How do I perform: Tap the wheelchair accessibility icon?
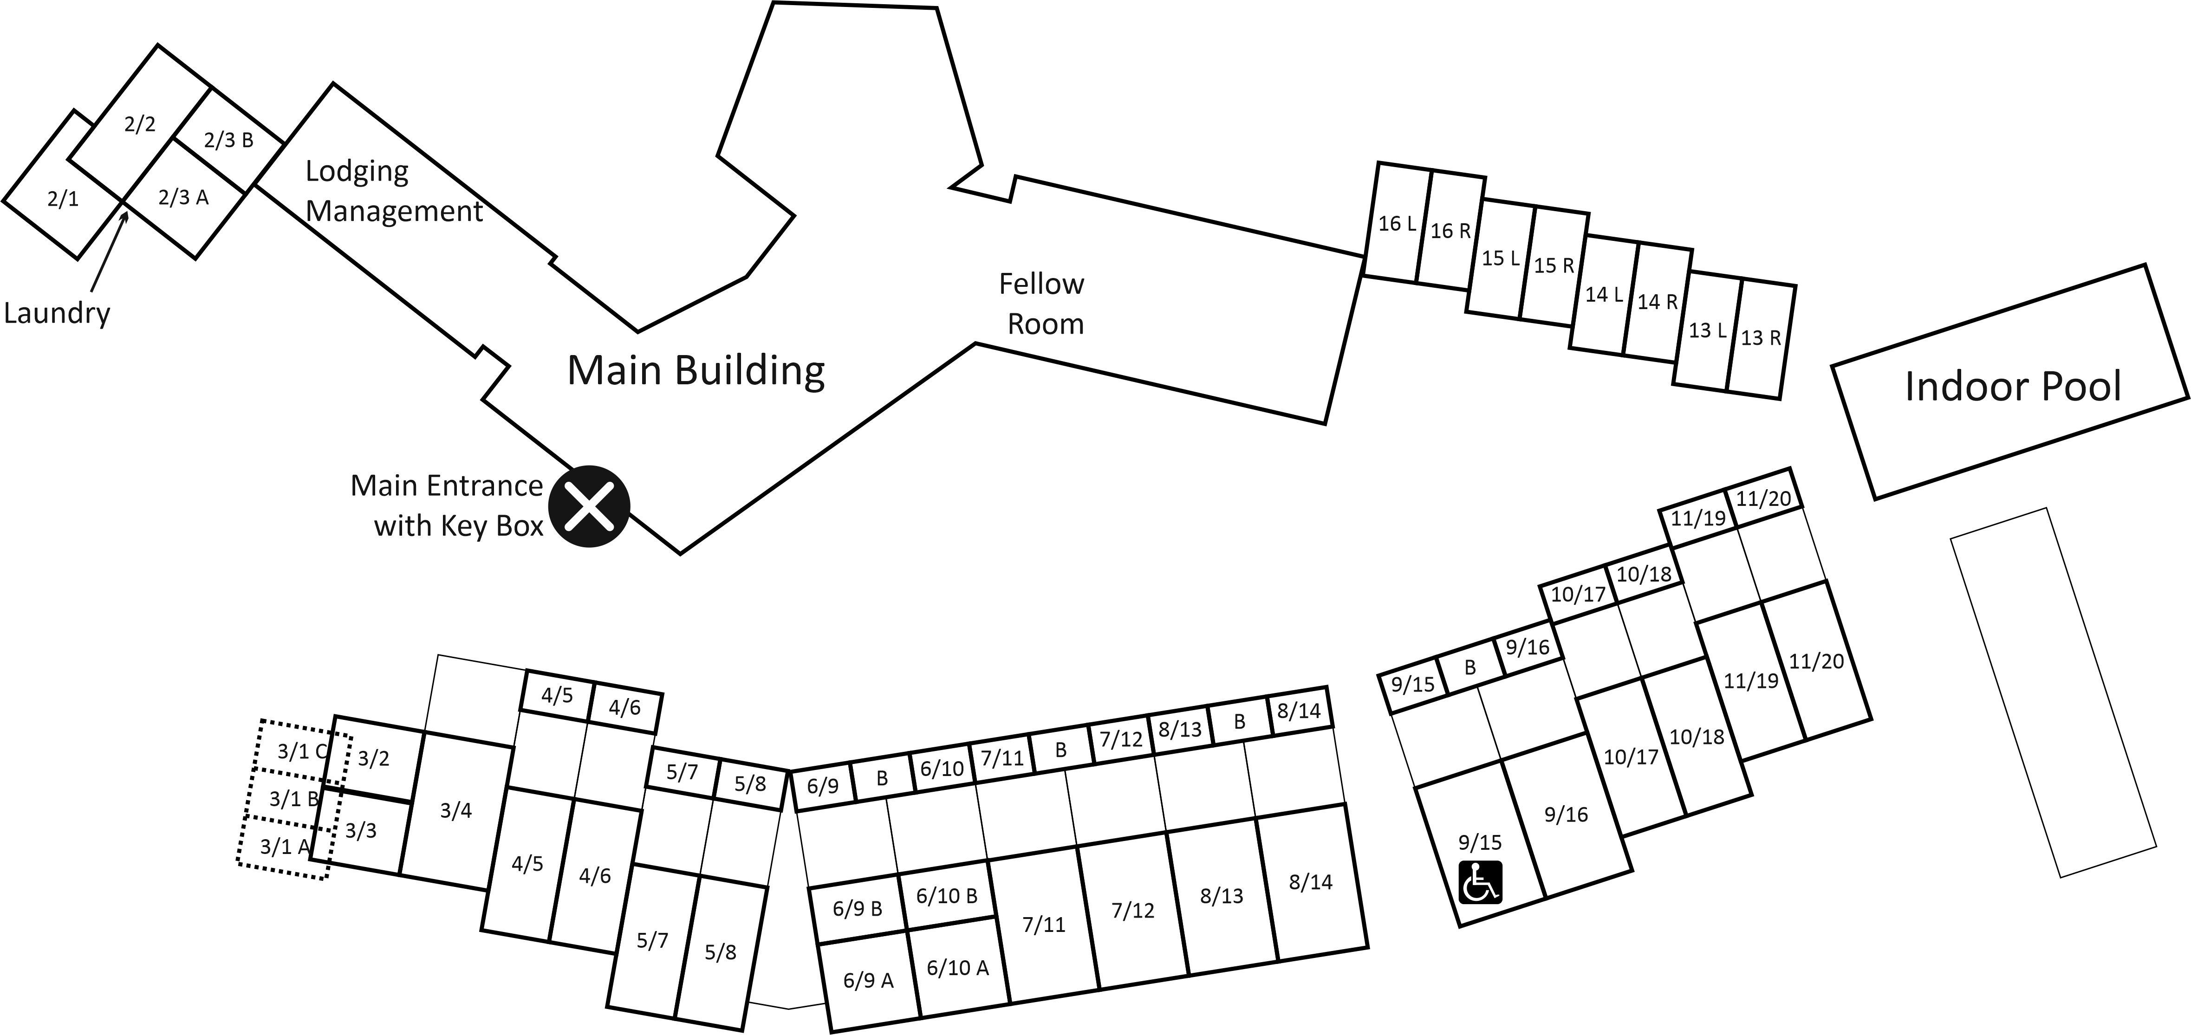click(x=1481, y=882)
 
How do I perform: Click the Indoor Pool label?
click(x=2012, y=386)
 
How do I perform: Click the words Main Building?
click(x=696, y=370)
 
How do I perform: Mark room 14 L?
click(x=1603, y=294)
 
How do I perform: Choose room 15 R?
click(x=1553, y=265)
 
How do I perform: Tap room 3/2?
click(x=373, y=758)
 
